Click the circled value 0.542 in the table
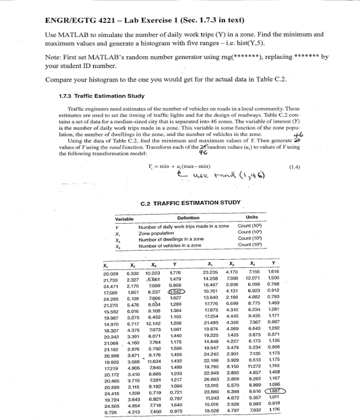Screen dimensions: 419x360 (x=176, y=291)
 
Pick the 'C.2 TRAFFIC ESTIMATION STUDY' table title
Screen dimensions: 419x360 (x=190, y=203)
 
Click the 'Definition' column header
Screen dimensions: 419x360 (x=188, y=218)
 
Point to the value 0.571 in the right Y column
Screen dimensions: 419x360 (x=273, y=335)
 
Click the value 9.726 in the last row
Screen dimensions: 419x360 (x=111, y=412)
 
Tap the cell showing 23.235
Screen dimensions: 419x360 (x=211, y=272)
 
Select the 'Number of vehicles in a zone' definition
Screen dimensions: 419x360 (x=170, y=245)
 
